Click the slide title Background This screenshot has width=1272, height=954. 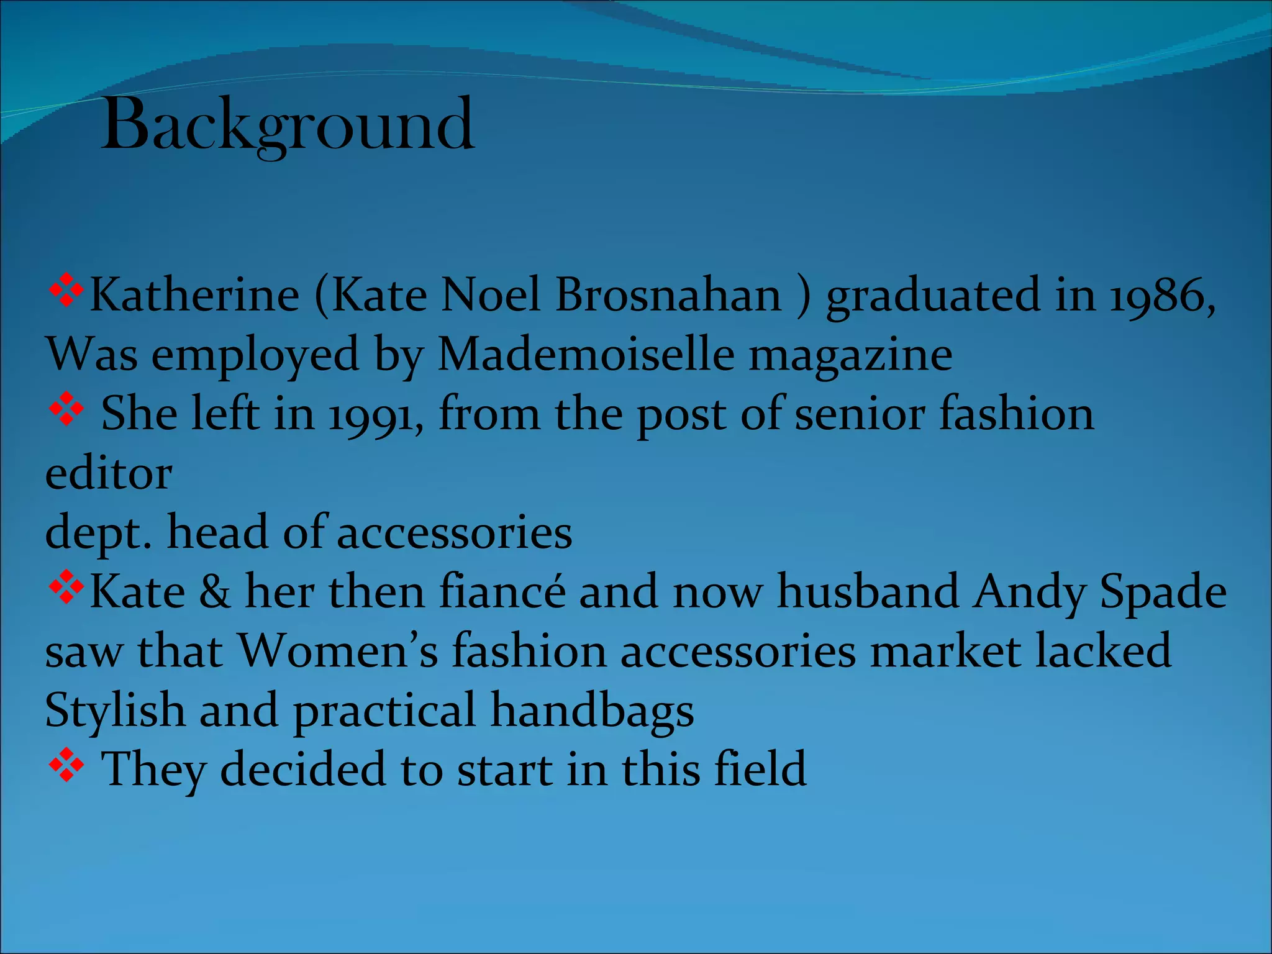(x=288, y=126)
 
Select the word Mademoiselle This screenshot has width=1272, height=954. (x=586, y=355)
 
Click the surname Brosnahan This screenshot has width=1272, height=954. (x=668, y=296)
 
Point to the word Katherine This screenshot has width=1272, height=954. (x=194, y=296)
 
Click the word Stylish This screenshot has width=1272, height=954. (x=115, y=711)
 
